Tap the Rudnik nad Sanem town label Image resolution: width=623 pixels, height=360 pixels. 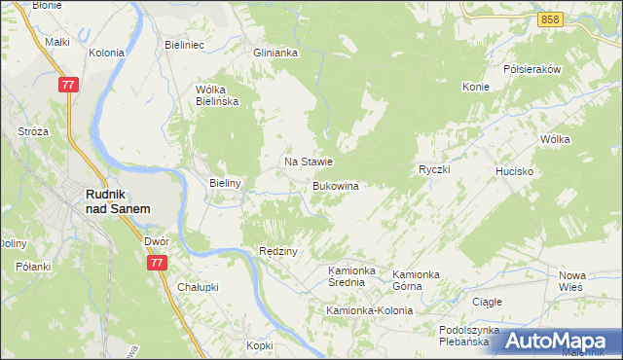pos(117,200)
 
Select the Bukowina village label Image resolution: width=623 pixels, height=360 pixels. pos(336,185)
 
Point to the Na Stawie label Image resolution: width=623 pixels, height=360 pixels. pos(309,162)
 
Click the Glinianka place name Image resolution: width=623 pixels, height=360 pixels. pos(275,54)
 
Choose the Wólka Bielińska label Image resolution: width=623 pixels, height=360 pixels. pos(217,94)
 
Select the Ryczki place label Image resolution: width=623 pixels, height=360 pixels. pos(433,169)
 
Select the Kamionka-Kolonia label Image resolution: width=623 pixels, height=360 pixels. pos(369,310)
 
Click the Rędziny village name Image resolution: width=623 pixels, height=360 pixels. pos(277,250)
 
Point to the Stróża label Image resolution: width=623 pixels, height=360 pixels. pos(34,130)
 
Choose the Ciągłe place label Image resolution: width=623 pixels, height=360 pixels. pos(487,302)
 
